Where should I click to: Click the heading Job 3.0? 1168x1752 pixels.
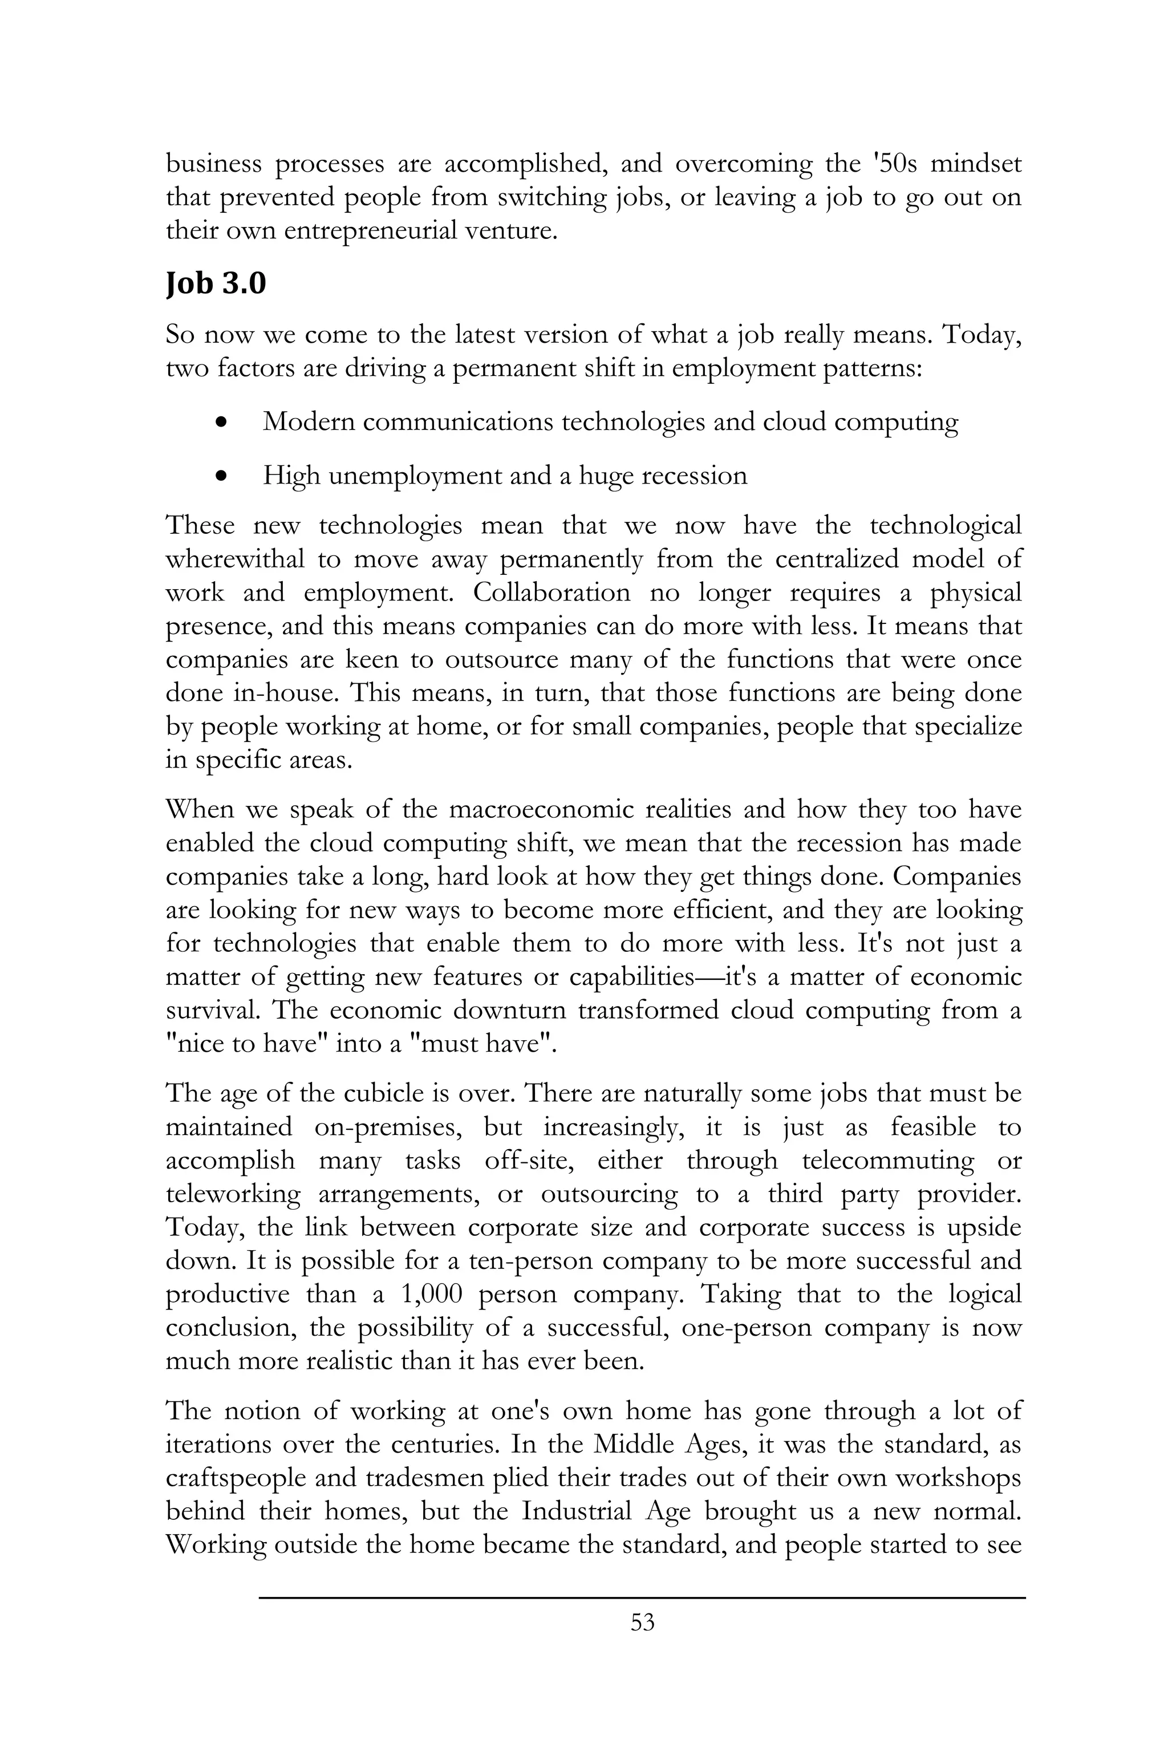[x=215, y=284]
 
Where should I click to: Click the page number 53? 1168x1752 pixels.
[x=642, y=1643]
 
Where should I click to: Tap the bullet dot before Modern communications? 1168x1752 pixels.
[x=220, y=423]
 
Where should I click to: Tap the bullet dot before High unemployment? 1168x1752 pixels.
[x=220, y=477]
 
